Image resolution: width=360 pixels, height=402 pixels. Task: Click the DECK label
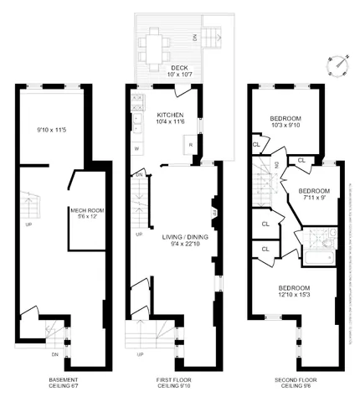[177, 69]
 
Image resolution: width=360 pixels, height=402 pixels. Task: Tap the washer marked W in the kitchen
[136, 149]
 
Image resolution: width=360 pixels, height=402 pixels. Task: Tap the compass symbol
[338, 64]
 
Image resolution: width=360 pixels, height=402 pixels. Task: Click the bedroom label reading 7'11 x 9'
[315, 195]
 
